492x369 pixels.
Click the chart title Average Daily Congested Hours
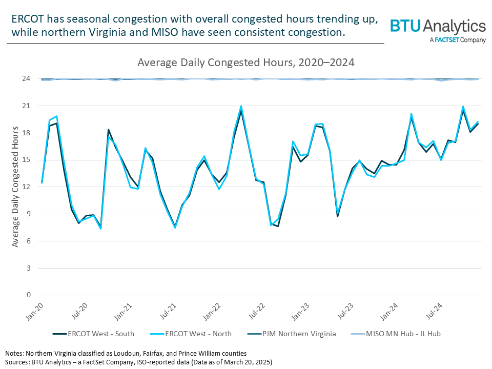pyautogui.click(x=246, y=63)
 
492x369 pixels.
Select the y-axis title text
pyautogui.click(x=15, y=187)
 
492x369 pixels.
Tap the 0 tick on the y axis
pyautogui.click(x=28, y=295)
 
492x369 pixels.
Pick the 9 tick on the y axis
pyautogui.click(x=28, y=214)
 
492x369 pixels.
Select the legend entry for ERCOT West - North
pyautogui.click(x=198, y=334)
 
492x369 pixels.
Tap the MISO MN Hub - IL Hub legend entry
pyautogui.click(x=403, y=334)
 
